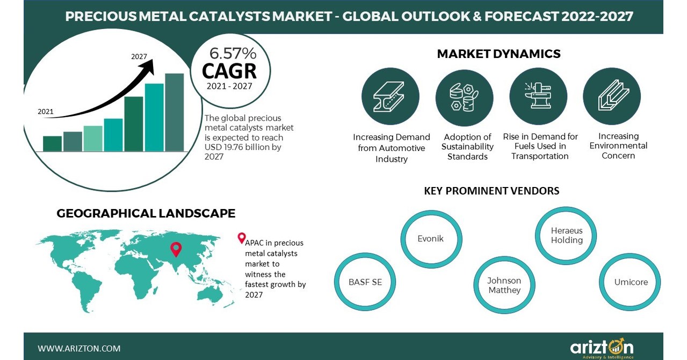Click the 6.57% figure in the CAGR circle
(x=233, y=54)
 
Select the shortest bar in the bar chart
(x=52, y=143)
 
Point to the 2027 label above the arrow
(x=139, y=56)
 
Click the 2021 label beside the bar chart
(x=46, y=112)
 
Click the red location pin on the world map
(x=176, y=249)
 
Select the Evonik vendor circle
(x=430, y=239)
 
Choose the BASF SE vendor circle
(x=365, y=282)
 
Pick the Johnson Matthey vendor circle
(x=504, y=285)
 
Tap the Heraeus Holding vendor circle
(x=566, y=235)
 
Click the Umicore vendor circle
(x=631, y=282)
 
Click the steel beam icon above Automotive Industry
(x=390, y=97)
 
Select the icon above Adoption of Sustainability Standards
(x=464, y=97)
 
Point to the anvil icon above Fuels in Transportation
(x=538, y=96)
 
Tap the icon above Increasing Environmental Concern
(x=612, y=97)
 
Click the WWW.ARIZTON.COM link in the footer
(x=79, y=348)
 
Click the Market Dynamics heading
(x=498, y=54)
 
